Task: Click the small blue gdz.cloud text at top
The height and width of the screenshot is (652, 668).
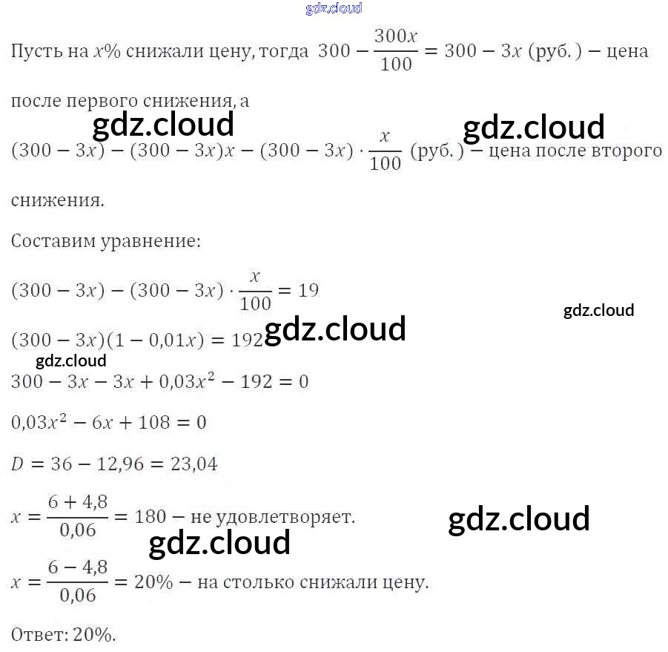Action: click(334, 8)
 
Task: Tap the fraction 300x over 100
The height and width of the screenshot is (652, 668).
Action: click(395, 50)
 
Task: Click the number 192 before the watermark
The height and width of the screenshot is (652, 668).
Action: click(248, 340)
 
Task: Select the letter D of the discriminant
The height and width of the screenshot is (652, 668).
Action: click(18, 465)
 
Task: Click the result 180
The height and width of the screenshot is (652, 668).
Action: click(150, 516)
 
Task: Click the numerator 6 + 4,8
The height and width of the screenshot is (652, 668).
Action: click(78, 502)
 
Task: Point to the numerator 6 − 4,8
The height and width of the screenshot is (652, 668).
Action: click(78, 567)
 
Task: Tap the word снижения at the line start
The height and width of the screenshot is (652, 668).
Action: click(57, 200)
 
